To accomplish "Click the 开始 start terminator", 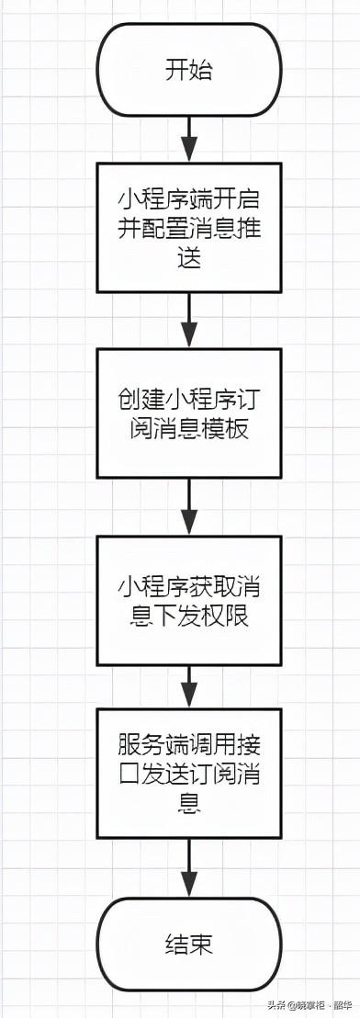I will tap(188, 70).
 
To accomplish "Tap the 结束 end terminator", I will tap(188, 944).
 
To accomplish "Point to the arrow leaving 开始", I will tap(188, 139).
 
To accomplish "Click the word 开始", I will tap(188, 70).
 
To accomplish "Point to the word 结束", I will tap(188, 944).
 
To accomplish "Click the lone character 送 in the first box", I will tap(188, 259).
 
